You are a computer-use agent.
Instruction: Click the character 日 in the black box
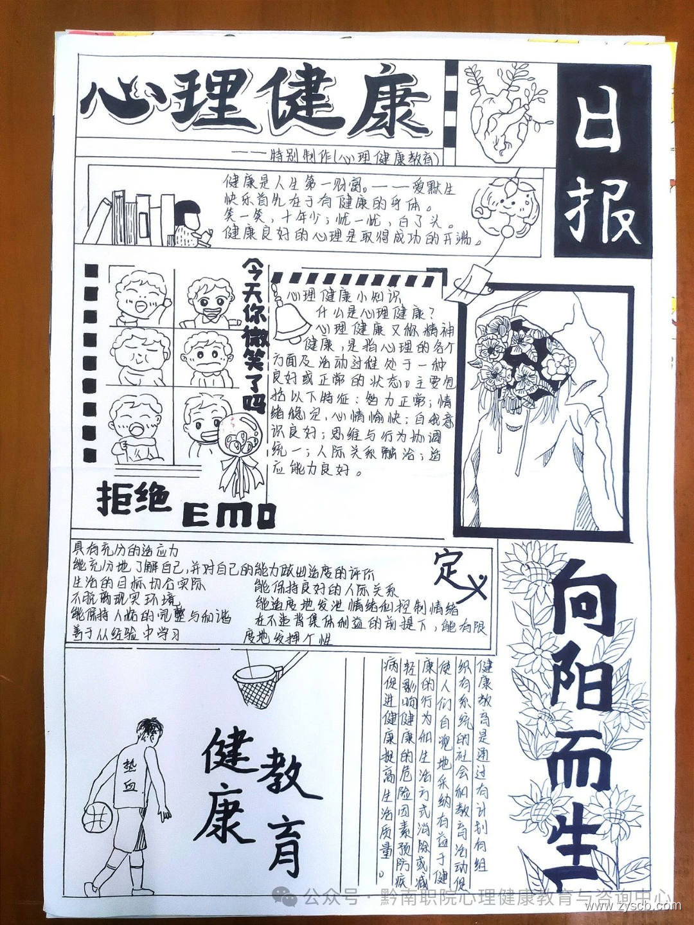[x=602, y=123]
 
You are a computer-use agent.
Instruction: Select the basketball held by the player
[x=98, y=817]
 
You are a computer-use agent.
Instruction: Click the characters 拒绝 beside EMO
[x=134, y=499]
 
